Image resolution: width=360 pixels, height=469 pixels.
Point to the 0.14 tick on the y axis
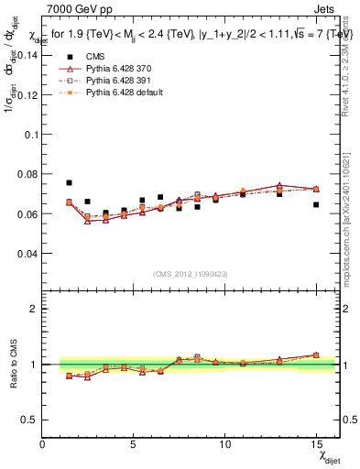tap(27, 54)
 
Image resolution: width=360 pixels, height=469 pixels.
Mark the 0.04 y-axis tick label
tap(27, 253)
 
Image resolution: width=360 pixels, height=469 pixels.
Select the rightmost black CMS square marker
tap(316, 205)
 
